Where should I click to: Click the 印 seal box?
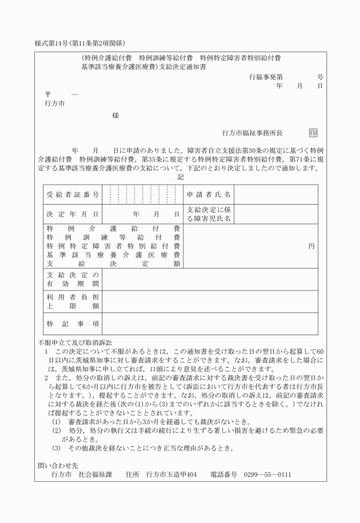[313, 133]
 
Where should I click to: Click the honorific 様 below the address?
[115, 115]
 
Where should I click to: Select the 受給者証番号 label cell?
[73, 195]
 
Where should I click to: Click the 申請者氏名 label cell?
[209, 195]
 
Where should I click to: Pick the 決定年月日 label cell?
[73, 215]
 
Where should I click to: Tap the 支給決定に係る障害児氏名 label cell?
[209, 215]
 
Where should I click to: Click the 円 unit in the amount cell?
[311, 246]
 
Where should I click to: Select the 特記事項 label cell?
[73, 324]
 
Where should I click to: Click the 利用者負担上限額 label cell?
[73, 301]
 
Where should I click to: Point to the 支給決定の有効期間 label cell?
[73, 279]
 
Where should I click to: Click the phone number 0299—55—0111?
[267, 474]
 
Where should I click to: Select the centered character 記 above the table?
[181, 178]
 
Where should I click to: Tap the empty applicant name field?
[275, 195]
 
